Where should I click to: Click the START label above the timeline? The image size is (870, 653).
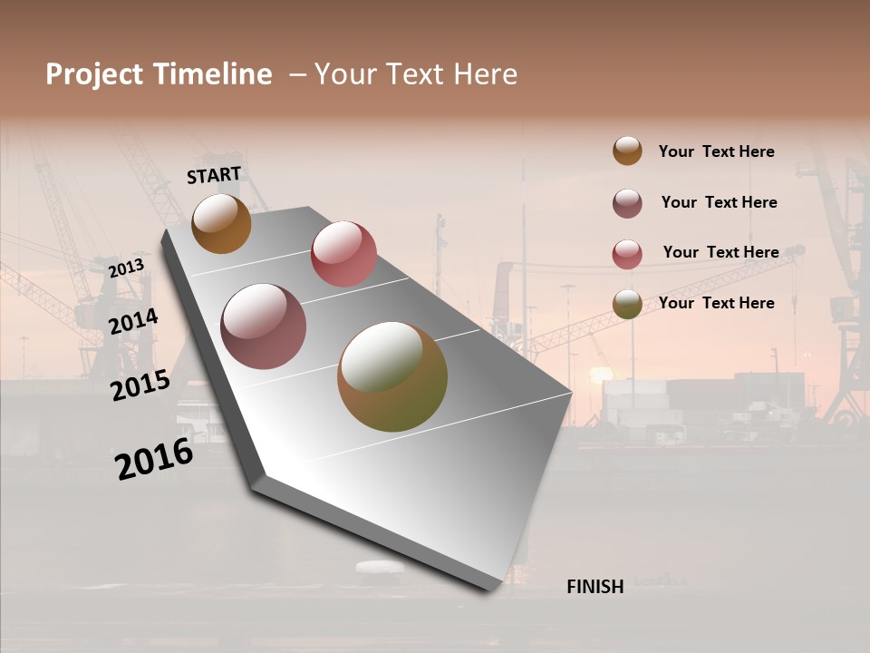(214, 175)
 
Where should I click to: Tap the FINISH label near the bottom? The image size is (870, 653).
(595, 587)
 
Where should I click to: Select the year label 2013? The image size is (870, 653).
(126, 268)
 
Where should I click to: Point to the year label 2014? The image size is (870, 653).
(133, 322)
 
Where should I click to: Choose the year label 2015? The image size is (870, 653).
(140, 385)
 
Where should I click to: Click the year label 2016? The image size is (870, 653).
(154, 459)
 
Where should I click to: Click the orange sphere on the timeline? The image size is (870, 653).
(221, 223)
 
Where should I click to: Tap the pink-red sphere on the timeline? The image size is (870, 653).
(343, 253)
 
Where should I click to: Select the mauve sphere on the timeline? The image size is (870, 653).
(264, 326)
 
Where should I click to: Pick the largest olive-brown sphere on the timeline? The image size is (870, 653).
(392, 376)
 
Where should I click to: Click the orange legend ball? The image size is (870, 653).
(627, 151)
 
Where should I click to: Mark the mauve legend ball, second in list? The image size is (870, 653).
(627, 203)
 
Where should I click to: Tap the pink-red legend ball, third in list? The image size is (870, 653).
(627, 254)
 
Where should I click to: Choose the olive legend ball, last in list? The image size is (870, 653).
(627, 304)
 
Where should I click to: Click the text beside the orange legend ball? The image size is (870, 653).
(717, 151)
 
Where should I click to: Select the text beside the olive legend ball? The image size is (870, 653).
(717, 303)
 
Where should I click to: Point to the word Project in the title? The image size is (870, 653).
(93, 74)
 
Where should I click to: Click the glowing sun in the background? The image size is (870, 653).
(600, 374)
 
